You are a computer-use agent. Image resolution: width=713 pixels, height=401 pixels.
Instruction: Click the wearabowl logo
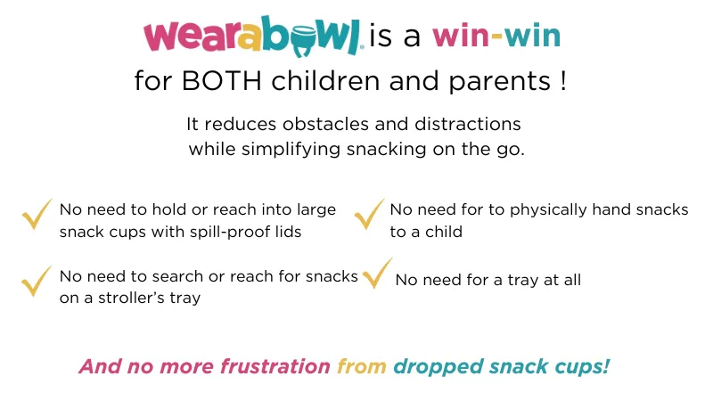point(253,37)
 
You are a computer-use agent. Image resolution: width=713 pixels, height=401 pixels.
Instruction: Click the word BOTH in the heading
point(221,81)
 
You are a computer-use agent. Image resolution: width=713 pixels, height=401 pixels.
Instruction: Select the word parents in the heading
point(500,82)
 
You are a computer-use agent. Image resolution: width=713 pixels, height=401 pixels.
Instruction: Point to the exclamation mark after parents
point(563,81)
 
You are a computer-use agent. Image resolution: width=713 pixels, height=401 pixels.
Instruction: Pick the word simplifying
point(291,149)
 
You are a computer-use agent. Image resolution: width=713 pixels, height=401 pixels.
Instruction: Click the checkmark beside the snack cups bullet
point(37,215)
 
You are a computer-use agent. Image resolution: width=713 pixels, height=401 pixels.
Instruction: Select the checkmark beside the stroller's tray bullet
point(37,281)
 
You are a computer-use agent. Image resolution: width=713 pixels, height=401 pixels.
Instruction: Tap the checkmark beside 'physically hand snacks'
point(369,215)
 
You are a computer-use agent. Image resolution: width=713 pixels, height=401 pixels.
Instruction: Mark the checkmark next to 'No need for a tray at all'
point(377,274)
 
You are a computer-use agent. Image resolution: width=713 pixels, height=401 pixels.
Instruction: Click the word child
point(443,232)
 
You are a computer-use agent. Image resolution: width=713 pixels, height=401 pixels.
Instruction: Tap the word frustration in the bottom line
point(275,366)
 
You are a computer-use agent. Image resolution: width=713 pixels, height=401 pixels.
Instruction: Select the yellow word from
point(362,366)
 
